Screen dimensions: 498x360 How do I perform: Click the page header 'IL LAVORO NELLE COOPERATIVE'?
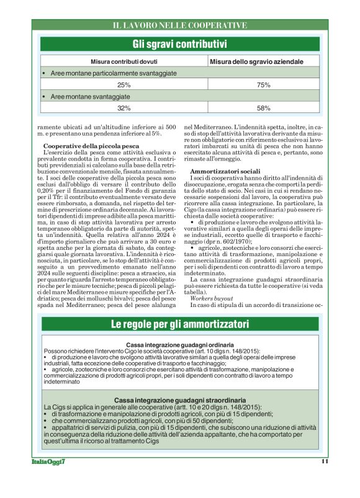[x=179, y=25]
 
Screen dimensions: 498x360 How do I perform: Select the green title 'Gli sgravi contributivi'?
[x=179, y=44]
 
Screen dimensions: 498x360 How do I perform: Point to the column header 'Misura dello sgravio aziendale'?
[x=256, y=62]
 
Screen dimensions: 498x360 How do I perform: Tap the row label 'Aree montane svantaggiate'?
[x=90, y=97]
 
